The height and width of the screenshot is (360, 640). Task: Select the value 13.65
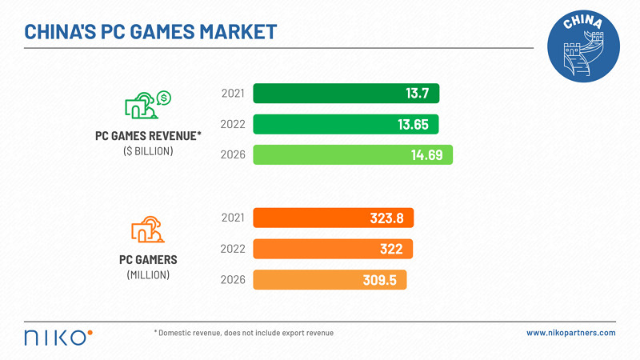412,124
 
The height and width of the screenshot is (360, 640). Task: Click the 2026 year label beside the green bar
233,154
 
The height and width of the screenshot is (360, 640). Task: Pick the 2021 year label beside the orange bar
233,218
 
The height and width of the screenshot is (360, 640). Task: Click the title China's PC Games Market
151,32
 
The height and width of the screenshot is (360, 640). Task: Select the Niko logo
58,335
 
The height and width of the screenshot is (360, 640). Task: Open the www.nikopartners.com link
570,333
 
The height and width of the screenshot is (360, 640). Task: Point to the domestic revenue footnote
243,333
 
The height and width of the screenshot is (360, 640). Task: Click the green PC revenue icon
146,105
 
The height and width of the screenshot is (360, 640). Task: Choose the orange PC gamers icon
148,230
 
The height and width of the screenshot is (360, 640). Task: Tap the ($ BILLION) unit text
148,150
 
